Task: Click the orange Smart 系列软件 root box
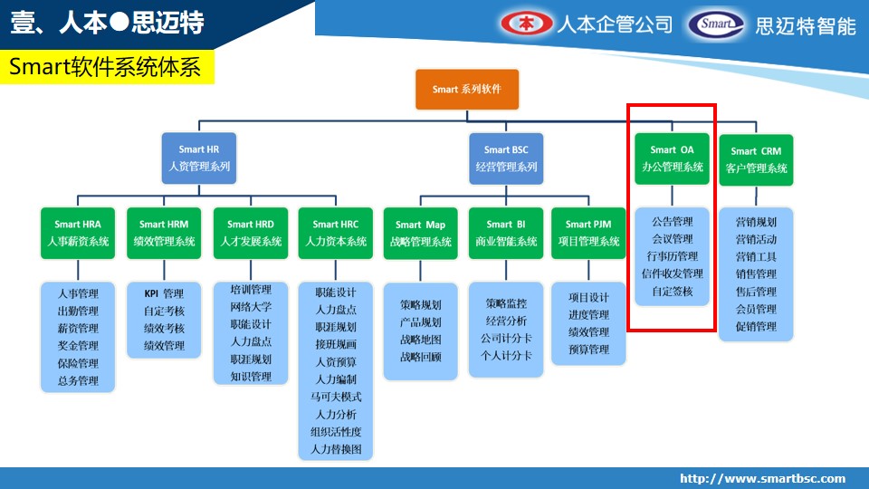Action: (x=467, y=90)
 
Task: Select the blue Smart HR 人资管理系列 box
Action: (x=199, y=158)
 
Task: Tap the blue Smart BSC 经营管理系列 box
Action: (x=506, y=158)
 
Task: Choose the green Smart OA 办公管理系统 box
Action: (x=673, y=158)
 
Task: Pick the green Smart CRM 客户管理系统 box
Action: (x=756, y=159)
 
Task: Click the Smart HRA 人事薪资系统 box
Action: (x=78, y=233)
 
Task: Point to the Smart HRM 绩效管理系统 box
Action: (x=164, y=233)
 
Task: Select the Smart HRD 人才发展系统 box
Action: (x=251, y=233)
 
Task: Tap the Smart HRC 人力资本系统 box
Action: (x=335, y=233)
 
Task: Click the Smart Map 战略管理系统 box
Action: (x=421, y=234)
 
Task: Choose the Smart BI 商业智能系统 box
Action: (x=506, y=234)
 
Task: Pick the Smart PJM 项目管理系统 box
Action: (x=588, y=234)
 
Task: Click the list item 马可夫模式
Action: (x=336, y=397)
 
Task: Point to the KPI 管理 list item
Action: (x=164, y=293)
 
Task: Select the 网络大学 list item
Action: (x=251, y=307)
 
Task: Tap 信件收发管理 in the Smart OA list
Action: (x=673, y=273)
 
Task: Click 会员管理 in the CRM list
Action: (x=756, y=309)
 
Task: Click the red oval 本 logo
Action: (x=527, y=24)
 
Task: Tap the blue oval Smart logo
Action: (x=716, y=24)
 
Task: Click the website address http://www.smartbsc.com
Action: (x=763, y=478)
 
